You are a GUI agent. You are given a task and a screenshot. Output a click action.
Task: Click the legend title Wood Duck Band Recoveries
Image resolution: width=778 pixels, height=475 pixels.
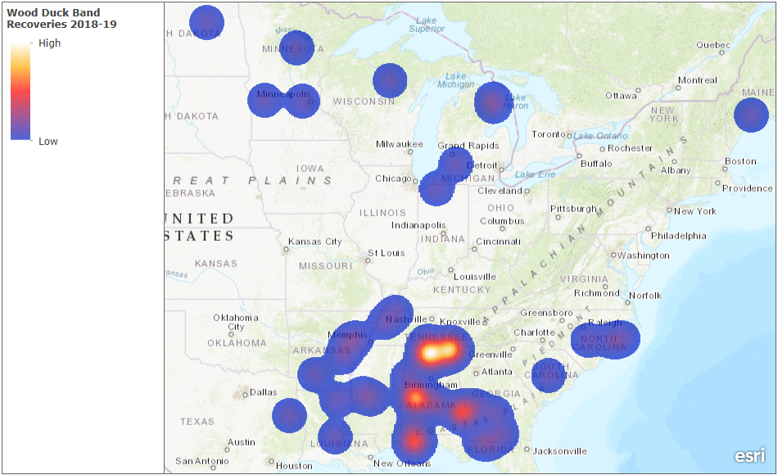click(x=61, y=18)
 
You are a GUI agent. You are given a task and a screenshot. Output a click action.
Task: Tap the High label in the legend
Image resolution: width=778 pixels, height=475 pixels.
click(x=49, y=43)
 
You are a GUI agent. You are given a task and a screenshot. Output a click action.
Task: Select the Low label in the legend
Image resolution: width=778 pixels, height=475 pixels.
click(x=48, y=142)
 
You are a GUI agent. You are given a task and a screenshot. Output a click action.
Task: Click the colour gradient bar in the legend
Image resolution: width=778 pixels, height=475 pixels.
click(x=20, y=92)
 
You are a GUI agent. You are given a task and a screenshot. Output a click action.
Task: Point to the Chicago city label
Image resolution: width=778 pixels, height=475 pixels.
click(x=394, y=179)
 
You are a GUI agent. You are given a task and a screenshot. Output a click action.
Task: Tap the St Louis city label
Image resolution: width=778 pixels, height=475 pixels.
click(x=386, y=253)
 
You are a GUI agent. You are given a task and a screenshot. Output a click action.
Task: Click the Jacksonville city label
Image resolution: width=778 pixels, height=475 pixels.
click(x=560, y=450)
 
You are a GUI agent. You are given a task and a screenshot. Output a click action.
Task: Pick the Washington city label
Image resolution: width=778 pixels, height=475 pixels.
click(x=644, y=256)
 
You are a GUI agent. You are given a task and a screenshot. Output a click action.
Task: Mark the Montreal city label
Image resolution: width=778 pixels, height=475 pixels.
click(x=697, y=80)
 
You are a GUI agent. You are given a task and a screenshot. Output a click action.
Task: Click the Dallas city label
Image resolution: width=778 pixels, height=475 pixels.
click(x=264, y=392)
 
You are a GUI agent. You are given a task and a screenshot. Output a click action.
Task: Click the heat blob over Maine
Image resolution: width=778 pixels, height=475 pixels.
click(x=751, y=115)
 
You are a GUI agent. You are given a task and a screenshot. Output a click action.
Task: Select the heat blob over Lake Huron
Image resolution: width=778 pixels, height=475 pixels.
click(x=492, y=102)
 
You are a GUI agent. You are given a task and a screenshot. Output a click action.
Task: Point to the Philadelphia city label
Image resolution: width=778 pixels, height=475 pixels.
click(x=678, y=236)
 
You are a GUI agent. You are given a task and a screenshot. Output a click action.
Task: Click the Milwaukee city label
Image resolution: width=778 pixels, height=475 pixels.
click(x=400, y=144)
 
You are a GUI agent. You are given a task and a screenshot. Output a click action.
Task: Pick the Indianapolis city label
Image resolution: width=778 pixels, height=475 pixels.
click(x=418, y=224)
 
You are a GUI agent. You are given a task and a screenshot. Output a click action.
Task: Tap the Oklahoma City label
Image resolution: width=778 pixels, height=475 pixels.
click(x=235, y=322)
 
